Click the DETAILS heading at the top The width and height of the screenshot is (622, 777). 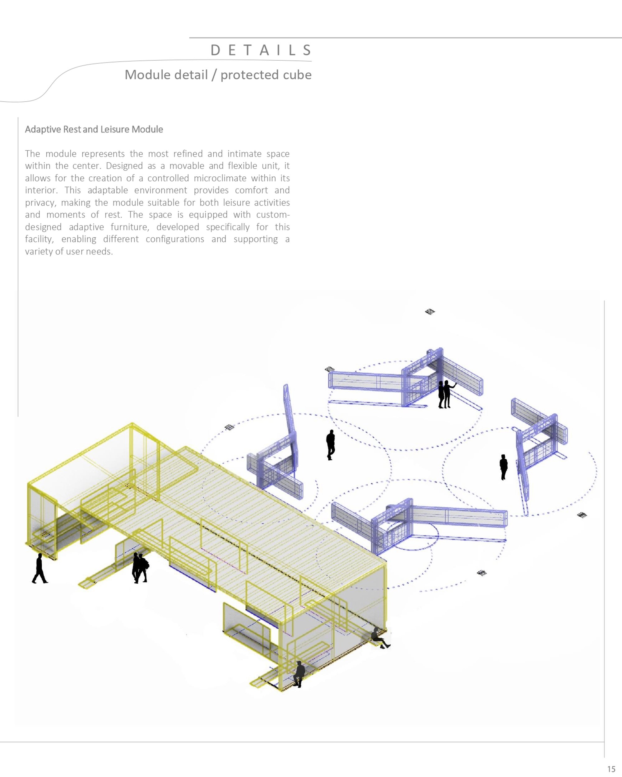[x=261, y=50]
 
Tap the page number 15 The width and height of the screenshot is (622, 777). [x=611, y=769]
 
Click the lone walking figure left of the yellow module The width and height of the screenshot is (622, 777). [x=39, y=568]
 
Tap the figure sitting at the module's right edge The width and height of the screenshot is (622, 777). [x=380, y=638]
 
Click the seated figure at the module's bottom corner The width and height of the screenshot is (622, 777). [x=299, y=674]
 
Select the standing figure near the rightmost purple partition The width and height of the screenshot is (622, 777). [x=504, y=467]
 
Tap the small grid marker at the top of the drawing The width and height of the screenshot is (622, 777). [x=430, y=311]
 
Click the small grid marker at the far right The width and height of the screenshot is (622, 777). [x=582, y=515]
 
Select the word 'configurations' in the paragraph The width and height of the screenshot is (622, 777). [x=175, y=239]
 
